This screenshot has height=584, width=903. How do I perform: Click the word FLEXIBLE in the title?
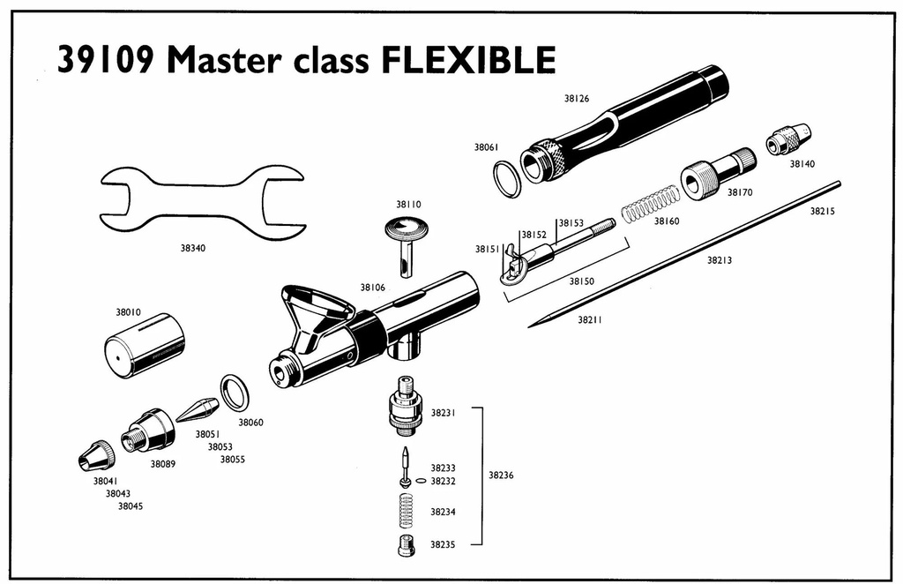click(469, 59)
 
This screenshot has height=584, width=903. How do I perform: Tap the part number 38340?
click(192, 248)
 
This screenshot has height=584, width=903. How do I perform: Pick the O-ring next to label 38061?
click(507, 179)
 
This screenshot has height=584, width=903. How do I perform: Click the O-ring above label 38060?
click(235, 393)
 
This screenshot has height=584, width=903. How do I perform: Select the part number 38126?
click(577, 99)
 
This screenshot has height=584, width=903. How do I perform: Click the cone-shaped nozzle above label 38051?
click(197, 410)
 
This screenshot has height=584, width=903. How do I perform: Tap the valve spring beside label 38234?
click(407, 510)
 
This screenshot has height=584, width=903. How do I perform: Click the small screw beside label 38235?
click(407, 544)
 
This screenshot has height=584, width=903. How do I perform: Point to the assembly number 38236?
click(501, 475)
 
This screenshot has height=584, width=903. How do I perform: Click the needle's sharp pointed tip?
click(529, 326)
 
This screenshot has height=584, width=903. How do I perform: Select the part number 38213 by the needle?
click(720, 260)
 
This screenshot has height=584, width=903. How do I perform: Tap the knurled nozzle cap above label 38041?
click(96, 455)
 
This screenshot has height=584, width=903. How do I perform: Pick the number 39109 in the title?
click(106, 60)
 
